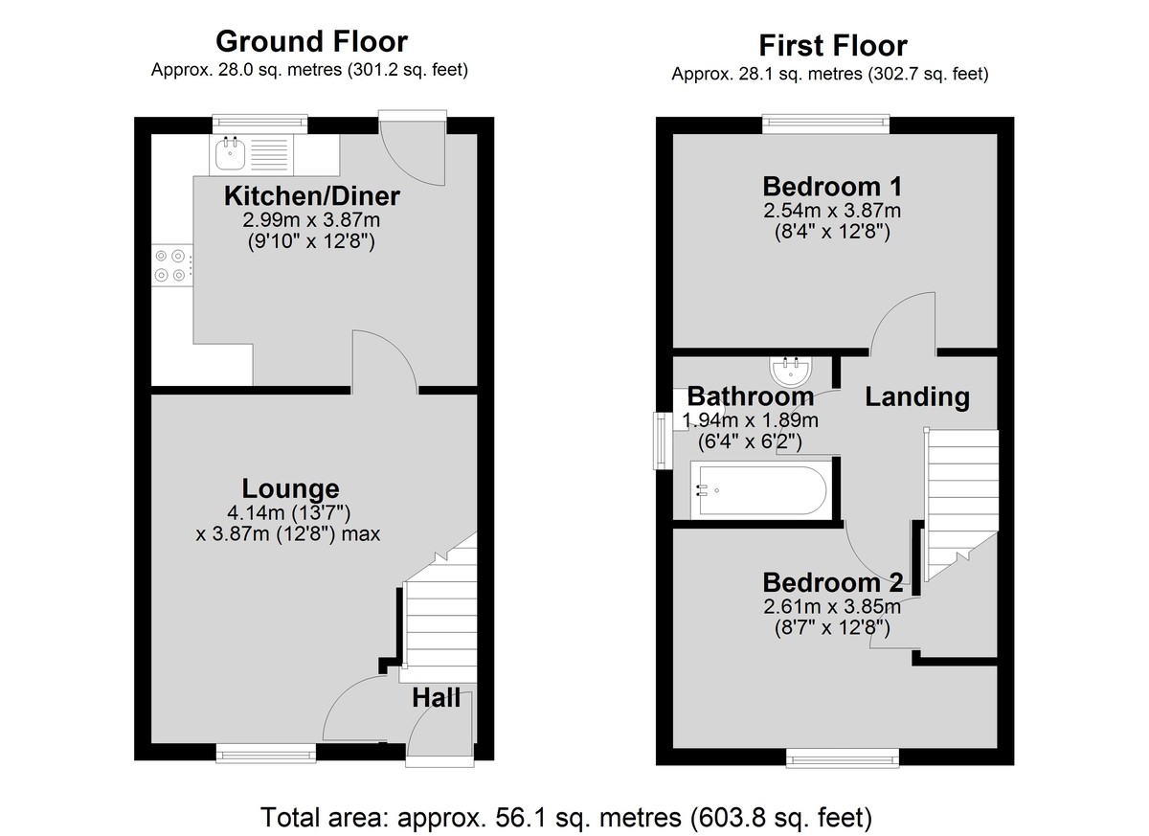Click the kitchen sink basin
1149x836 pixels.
click(230, 153)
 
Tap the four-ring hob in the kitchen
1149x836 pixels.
click(171, 265)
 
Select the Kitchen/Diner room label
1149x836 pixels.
click(312, 196)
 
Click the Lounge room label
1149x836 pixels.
click(290, 488)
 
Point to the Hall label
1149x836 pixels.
click(436, 698)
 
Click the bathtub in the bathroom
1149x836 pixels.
click(760, 490)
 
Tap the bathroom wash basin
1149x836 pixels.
click(791, 372)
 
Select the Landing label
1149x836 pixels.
click(917, 396)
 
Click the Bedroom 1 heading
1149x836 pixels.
click(832, 186)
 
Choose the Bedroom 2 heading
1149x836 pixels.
click(832, 582)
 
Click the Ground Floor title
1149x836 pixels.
click(311, 41)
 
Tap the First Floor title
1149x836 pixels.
click(832, 46)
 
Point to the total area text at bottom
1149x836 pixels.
click(566, 817)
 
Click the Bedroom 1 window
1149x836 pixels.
click(825, 124)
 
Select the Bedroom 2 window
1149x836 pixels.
click(843, 758)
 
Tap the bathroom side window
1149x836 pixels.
click(663, 441)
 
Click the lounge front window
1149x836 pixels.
click(266, 754)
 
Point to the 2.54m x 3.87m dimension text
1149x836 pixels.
click(832, 211)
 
